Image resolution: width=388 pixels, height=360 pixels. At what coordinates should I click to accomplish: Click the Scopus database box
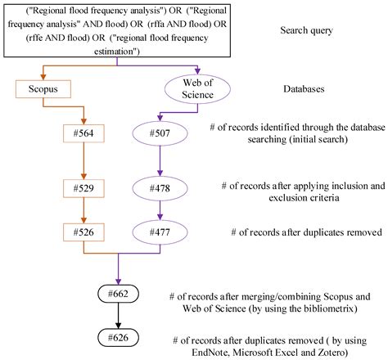tap(40, 87)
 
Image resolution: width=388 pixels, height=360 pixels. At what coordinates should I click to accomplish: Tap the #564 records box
tap(86, 134)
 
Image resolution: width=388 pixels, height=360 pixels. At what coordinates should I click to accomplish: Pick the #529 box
tap(86, 188)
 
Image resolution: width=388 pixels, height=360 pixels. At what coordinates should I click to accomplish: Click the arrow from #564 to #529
tap(86, 161)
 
